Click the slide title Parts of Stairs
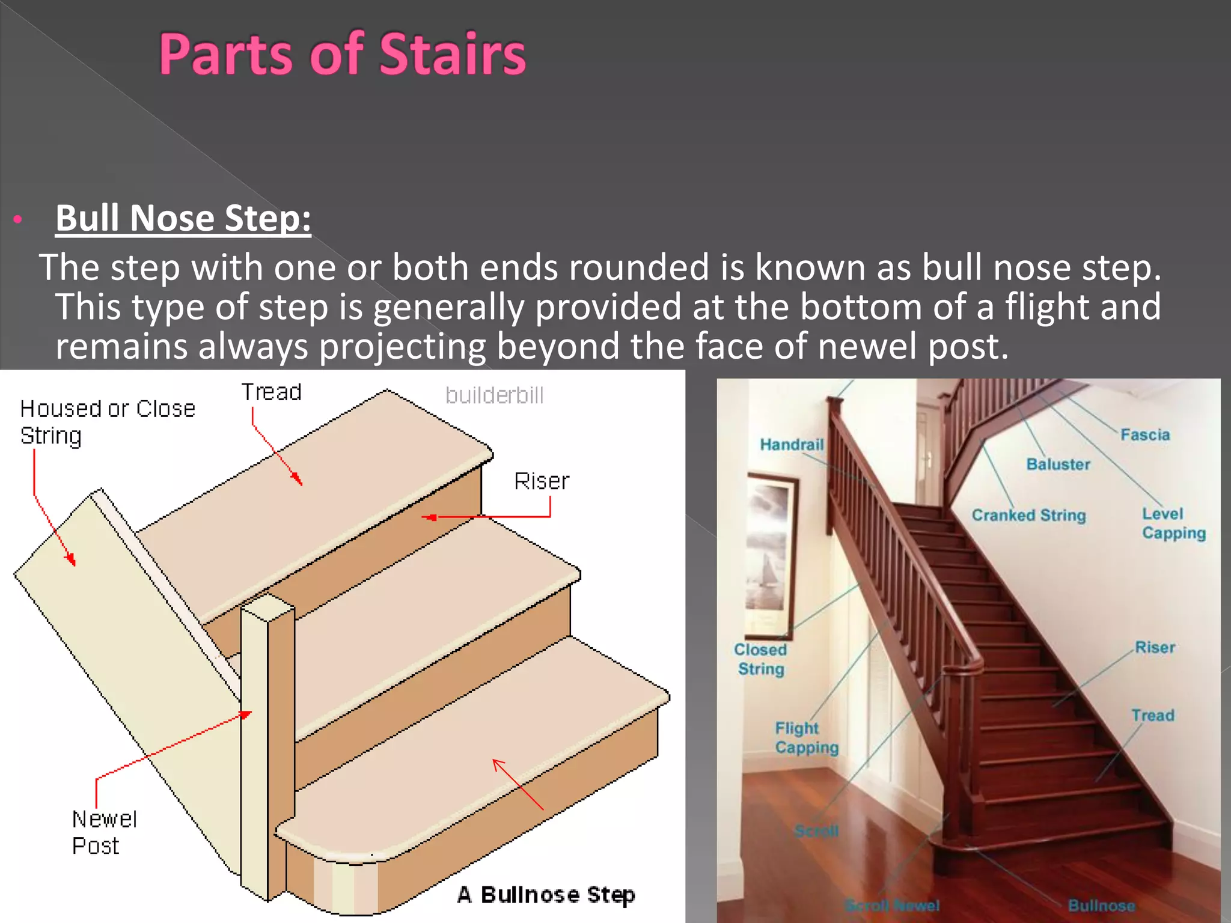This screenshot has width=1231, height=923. point(342,55)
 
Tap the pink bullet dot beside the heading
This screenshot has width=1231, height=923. point(18,219)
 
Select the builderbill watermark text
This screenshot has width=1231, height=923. point(494,395)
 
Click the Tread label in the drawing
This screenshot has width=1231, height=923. point(271,392)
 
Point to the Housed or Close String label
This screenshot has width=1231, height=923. point(107,422)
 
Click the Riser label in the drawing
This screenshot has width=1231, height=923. point(541,481)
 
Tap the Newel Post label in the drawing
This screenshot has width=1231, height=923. point(104,832)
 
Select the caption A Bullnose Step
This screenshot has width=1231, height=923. point(545,895)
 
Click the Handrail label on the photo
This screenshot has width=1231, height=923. point(791,445)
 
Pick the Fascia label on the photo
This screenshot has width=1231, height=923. point(1145,435)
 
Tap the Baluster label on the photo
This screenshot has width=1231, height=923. point(1058,465)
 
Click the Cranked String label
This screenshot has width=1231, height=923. point(1028,516)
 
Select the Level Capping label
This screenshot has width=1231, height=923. point(1173,523)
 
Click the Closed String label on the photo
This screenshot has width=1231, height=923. point(760,659)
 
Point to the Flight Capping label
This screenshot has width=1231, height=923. point(806,738)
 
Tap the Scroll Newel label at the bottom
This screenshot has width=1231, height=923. point(892,905)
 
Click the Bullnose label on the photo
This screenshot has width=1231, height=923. point(1101,906)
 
